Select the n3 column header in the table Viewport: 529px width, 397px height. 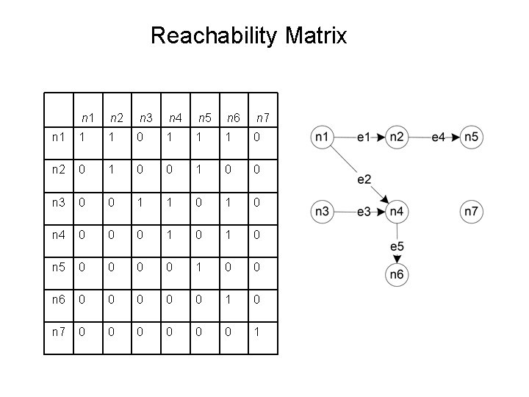145,117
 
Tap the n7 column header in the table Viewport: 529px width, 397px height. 262,117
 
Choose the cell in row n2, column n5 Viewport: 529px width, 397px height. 198,169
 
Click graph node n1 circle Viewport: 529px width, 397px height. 321,137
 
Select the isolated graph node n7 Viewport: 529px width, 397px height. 472,212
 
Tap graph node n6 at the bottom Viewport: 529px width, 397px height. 397,274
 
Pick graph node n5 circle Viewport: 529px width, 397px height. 472,137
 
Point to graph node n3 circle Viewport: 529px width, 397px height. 321,212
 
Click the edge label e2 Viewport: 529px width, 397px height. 364,179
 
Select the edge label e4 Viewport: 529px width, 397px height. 439,137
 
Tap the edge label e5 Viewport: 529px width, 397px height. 397,246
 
